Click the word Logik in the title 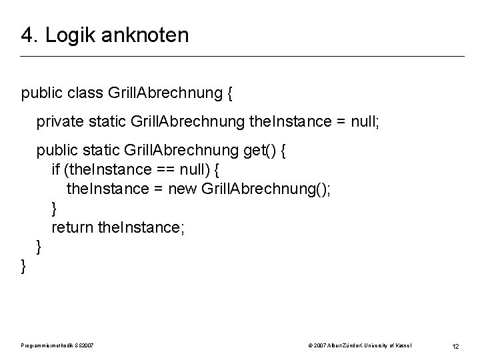(65, 35)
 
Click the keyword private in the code (59, 122)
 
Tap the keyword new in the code (182, 190)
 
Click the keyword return (72, 229)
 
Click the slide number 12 (456, 345)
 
